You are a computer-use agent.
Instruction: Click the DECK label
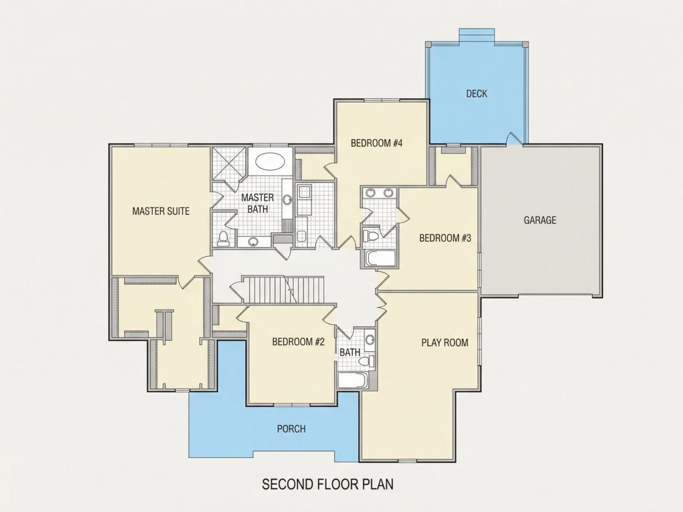(x=476, y=94)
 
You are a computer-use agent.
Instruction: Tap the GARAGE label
(x=540, y=220)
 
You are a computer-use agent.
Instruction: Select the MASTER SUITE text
(x=161, y=211)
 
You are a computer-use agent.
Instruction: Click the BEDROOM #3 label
(x=445, y=238)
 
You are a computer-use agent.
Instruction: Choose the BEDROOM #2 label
(x=299, y=342)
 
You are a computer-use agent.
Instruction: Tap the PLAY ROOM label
(x=445, y=343)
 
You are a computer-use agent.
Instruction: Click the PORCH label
(x=291, y=429)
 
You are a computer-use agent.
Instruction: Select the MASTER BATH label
(x=258, y=204)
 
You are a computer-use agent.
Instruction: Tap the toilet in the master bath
(x=223, y=238)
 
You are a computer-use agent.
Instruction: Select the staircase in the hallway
(x=283, y=290)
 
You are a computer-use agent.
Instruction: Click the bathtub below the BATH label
(x=353, y=380)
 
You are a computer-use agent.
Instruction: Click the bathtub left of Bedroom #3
(x=380, y=259)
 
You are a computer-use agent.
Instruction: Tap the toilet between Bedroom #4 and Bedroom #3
(x=371, y=236)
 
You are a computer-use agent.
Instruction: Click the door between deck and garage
(x=515, y=138)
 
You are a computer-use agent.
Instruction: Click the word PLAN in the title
(x=378, y=484)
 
